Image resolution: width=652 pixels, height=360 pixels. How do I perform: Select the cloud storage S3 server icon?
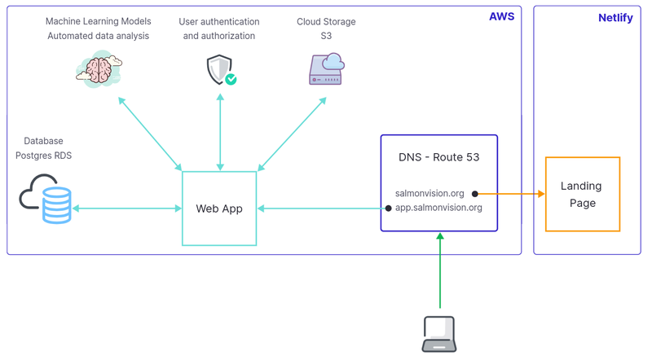click(x=326, y=68)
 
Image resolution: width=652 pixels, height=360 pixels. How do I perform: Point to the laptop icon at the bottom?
click(x=439, y=334)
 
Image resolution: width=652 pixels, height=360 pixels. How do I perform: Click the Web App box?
click(x=219, y=209)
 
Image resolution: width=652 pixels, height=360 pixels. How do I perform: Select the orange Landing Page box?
click(x=582, y=195)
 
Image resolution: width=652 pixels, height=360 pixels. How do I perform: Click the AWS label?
click(x=501, y=16)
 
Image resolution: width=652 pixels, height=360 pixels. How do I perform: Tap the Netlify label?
click(x=615, y=18)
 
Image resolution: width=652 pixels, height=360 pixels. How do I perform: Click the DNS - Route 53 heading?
click(x=438, y=157)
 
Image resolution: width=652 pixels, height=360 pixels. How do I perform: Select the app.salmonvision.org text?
click(x=438, y=208)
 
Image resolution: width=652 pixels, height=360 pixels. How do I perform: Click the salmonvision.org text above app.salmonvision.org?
click(x=430, y=194)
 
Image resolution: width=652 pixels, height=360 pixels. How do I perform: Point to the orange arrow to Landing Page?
click(x=509, y=194)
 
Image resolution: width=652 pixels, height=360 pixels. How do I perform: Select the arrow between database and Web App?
click(x=126, y=209)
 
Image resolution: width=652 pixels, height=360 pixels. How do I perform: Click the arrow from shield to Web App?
click(x=220, y=130)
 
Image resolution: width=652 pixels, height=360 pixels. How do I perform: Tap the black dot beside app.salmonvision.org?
click(x=388, y=209)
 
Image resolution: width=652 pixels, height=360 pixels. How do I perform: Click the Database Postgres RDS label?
click(x=43, y=148)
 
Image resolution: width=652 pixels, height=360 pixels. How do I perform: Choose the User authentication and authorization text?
click(x=219, y=29)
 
